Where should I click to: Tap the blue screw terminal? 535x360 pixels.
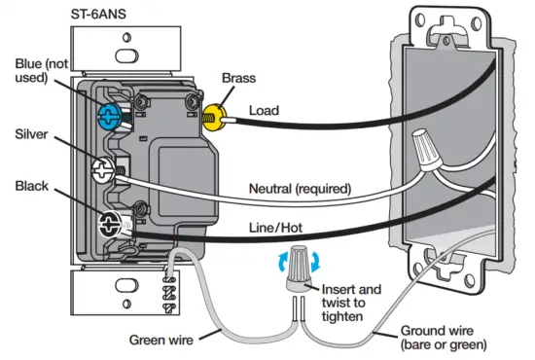pos(110,116)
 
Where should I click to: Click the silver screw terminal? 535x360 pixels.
pos(103,172)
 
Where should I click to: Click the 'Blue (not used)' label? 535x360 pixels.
pos(40,71)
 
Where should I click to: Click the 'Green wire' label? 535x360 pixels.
pos(162,340)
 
